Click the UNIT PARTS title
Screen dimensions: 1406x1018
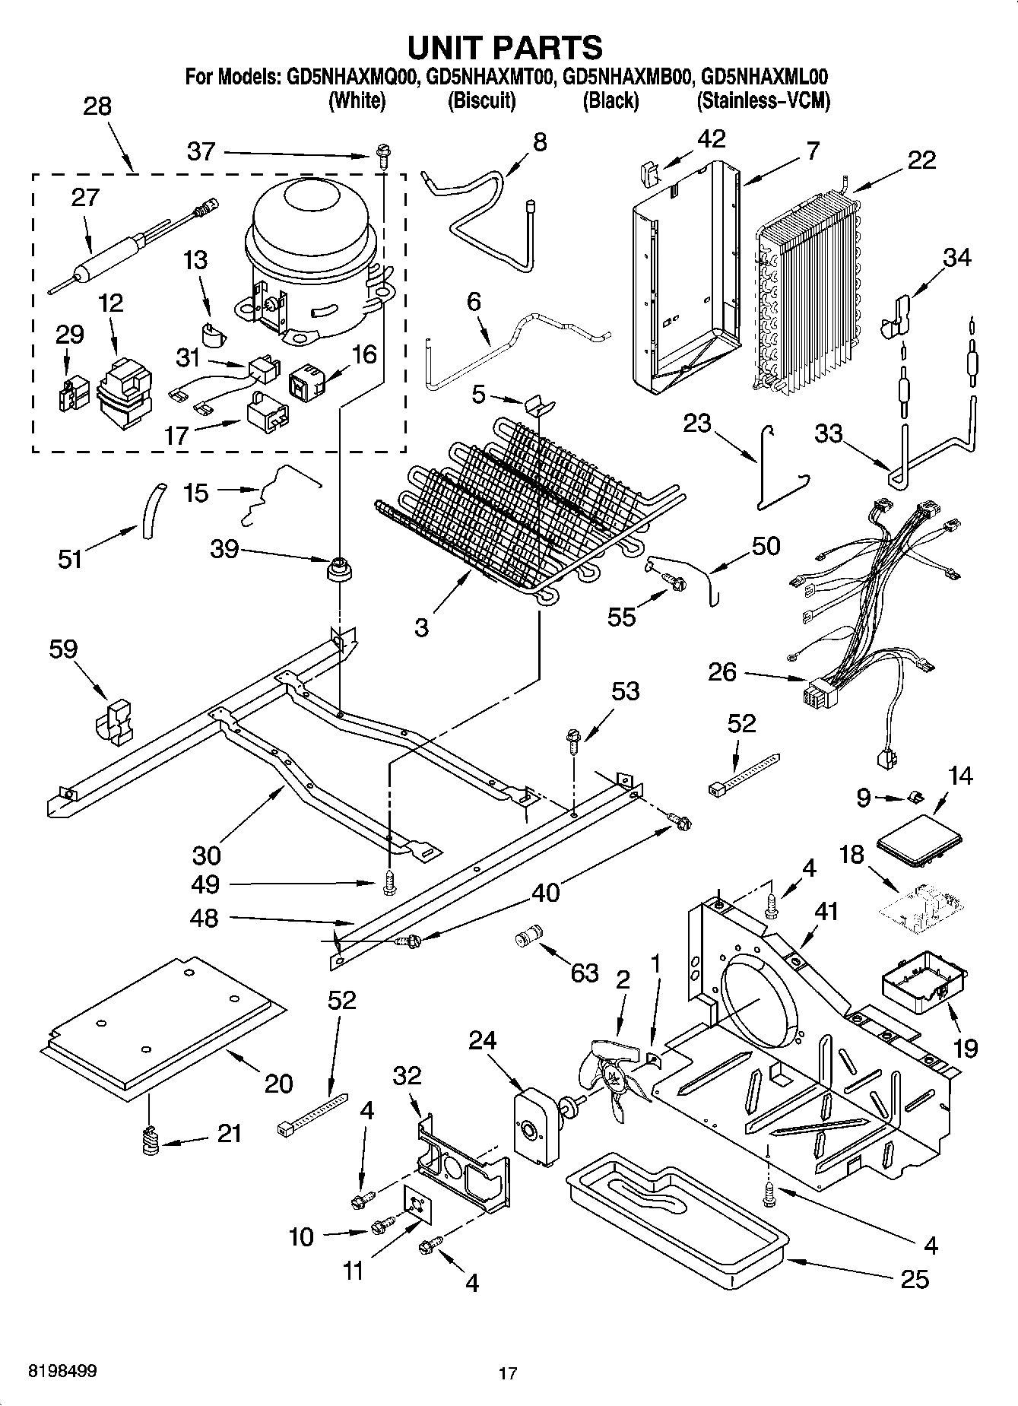[505, 47]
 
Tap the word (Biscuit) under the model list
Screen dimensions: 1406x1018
[481, 100]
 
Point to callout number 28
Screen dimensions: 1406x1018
[97, 106]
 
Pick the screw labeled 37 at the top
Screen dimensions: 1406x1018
[381, 158]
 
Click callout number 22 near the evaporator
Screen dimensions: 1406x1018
[921, 160]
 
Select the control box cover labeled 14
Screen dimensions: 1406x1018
[919, 840]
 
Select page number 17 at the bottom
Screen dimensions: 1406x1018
[508, 1373]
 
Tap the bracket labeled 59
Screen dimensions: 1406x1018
[115, 722]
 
